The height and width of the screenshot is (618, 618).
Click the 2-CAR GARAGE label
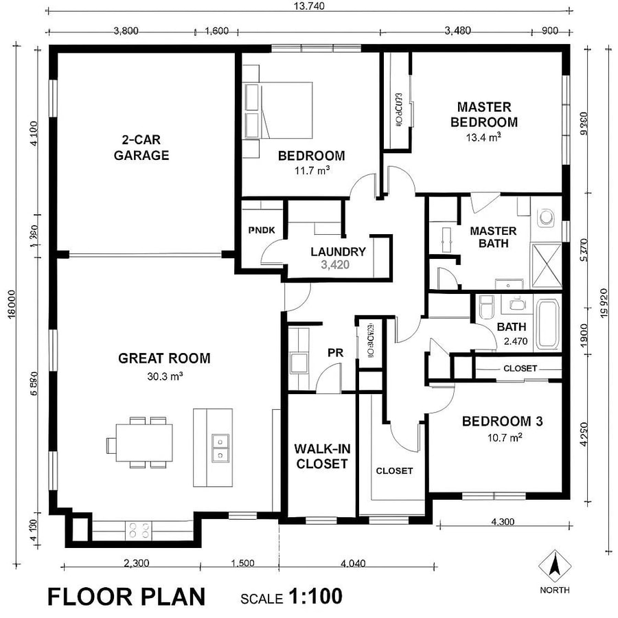pyautogui.click(x=141, y=148)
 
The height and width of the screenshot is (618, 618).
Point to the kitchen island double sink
pyautogui.click(x=220, y=447)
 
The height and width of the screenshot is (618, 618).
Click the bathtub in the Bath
pyautogui.click(x=549, y=323)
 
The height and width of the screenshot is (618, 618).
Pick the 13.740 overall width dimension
pyautogui.click(x=308, y=6)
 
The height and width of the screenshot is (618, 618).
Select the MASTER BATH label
pyautogui.click(x=493, y=237)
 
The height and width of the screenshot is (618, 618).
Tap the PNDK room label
pyautogui.click(x=262, y=230)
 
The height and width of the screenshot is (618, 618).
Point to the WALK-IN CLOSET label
pyautogui.click(x=321, y=456)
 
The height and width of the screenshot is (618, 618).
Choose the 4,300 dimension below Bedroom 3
pyautogui.click(x=503, y=522)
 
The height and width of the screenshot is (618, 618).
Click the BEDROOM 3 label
pyautogui.click(x=502, y=422)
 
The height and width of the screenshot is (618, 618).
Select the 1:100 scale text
pyautogui.click(x=315, y=596)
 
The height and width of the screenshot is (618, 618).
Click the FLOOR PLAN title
pyautogui.click(x=126, y=596)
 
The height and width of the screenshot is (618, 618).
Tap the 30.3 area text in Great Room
pyautogui.click(x=164, y=376)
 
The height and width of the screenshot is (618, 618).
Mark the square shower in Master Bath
pyautogui.click(x=547, y=261)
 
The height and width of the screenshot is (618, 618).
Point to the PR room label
pyautogui.click(x=335, y=352)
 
